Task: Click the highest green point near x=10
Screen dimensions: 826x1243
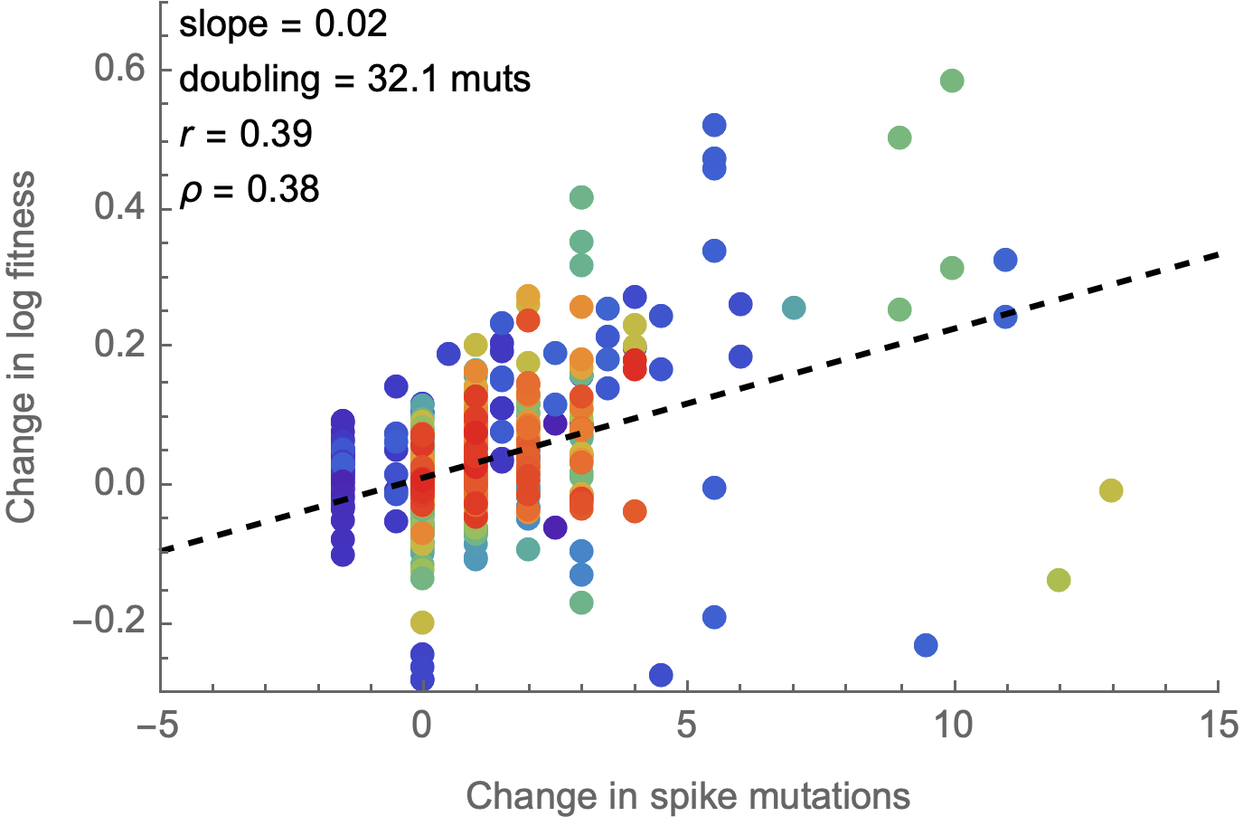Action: point(952,81)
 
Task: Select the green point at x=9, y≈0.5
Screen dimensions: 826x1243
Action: point(899,138)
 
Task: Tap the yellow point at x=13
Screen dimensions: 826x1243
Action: point(1111,490)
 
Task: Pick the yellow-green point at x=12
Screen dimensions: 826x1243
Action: point(1059,580)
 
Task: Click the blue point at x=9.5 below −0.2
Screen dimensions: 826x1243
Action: point(926,645)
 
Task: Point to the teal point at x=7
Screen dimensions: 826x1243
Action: point(794,308)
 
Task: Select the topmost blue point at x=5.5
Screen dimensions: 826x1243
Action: point(714,125)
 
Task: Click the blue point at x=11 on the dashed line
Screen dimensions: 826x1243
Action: point(1005,317)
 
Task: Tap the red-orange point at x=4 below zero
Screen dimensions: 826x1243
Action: point(635,511)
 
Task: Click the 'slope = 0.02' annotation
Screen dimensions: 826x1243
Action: point(283,24)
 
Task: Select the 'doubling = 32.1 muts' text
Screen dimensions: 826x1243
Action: point(354,80)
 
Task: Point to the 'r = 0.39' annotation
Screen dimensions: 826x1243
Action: point(246,134)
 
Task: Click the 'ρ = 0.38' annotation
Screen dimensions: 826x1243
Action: point(250,189)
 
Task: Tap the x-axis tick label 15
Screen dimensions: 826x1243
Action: point(1217,725)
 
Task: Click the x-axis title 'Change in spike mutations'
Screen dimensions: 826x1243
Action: point(688,797)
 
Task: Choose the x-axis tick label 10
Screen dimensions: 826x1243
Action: point(953,725)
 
